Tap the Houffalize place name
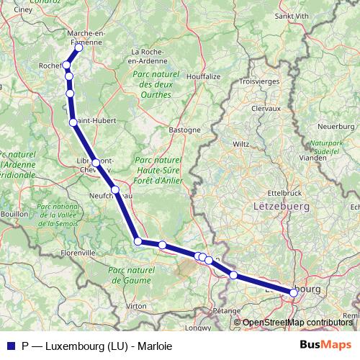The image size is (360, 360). pos(203,76)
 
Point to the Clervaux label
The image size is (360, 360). pos(265,107)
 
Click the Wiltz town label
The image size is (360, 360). pos(240,143)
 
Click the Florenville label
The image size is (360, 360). pos(78,253)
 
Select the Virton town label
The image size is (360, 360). pos(135,306)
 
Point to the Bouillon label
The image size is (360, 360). pos(14,215)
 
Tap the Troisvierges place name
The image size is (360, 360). pos(258,81)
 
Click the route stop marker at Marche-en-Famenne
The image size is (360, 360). pos(79,48)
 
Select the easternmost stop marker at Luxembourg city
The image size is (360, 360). pos(293,292)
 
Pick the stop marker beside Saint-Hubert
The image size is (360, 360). pos(73,122)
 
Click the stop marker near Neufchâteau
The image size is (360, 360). pos(114,189)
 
